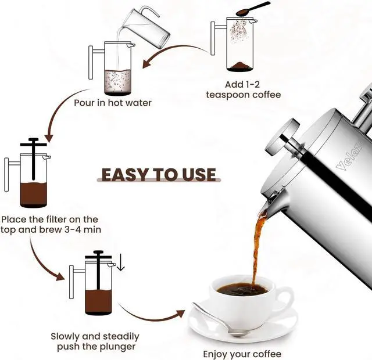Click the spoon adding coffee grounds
point(253,8)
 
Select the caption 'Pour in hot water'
point(112,103)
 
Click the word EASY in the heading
point(126,175)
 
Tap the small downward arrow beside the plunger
point(120,263)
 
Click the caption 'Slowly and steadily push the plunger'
point(95,341)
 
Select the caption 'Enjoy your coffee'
point(242,354)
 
